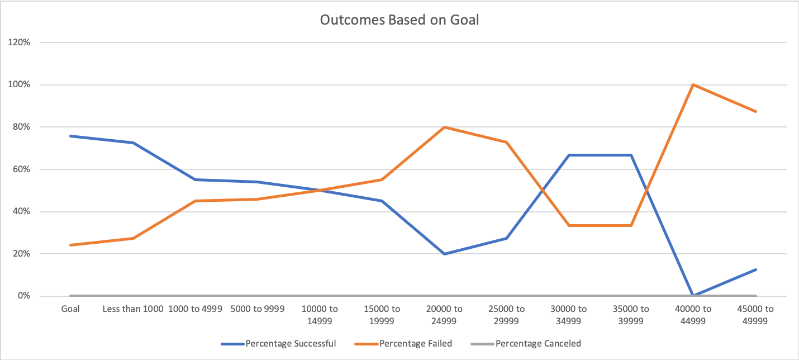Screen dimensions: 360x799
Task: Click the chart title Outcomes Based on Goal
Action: (400, 20)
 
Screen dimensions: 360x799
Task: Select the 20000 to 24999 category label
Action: (444, 315)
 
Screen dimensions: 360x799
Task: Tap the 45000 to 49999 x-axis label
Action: (755, 315)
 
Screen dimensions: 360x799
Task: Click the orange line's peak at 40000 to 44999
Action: (693, 85)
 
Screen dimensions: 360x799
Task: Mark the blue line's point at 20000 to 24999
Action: (444, 254)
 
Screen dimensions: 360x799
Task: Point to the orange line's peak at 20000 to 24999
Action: (444, 127)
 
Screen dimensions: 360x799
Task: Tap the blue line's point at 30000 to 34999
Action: (569, 155)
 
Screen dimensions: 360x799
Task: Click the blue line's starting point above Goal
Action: (70, 136)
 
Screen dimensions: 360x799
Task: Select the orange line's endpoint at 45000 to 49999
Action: (755, 111)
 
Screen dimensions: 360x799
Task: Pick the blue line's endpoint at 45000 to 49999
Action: (755, 269)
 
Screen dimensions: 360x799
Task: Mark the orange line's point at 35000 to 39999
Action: (631, 225)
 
